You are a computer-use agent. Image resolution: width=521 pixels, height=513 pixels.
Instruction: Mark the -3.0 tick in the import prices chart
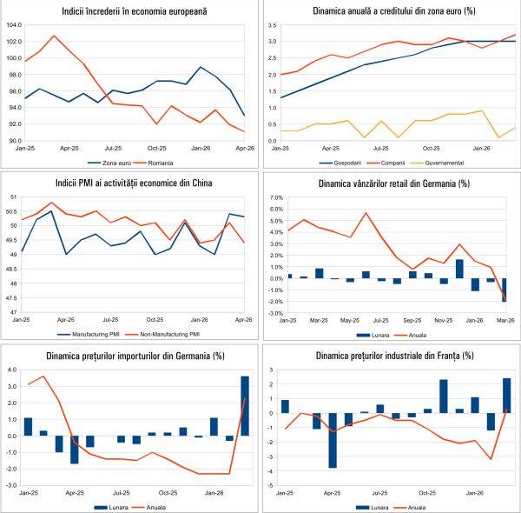coord(15,484)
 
